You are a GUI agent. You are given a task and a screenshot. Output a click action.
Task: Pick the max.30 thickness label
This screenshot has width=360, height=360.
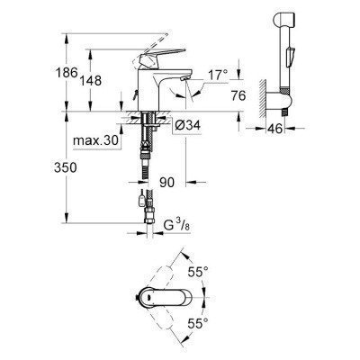pyautogui.click(x=94, y=142)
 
